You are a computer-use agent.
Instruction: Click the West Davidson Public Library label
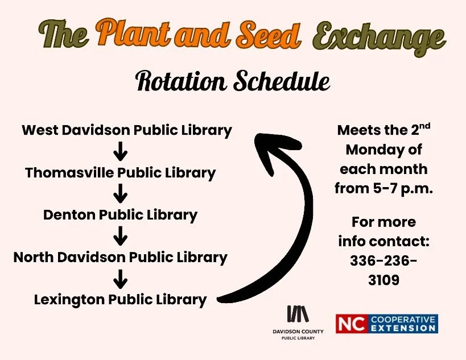127,130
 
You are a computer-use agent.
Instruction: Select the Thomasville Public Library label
121,173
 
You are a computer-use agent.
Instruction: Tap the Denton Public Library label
121,215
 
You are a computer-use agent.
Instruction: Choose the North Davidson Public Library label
121,257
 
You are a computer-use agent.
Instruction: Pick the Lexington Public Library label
121,299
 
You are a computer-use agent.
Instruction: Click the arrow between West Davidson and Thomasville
120,152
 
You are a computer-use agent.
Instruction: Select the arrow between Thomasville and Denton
120,195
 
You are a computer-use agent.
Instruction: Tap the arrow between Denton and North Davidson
120,236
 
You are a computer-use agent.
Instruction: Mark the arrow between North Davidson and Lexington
120,278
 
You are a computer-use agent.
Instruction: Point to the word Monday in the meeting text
384,150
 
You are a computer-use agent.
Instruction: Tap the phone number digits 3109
383,280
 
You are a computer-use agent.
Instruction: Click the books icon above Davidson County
297,315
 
